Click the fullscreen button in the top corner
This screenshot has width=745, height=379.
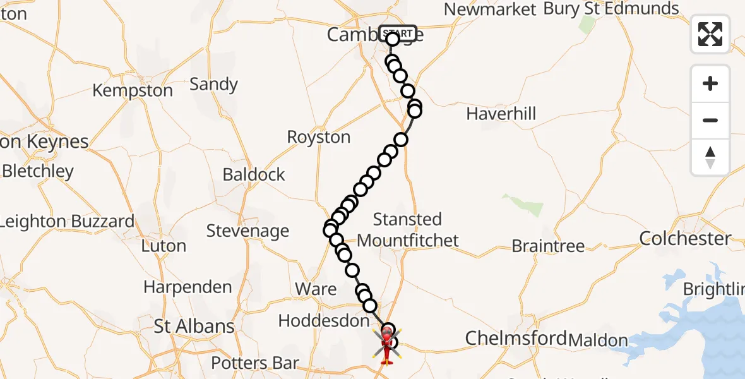pos(710,33)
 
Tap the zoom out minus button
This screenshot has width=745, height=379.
pos(710,120)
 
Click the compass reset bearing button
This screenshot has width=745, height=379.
pos(710,157)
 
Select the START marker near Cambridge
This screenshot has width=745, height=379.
pos(398,33)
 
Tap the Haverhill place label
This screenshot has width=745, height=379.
pos(501,114)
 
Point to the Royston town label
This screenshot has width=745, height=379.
pos(318,137)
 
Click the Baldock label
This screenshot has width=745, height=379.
pos(254,174)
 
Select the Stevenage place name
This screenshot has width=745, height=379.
pos(247,231)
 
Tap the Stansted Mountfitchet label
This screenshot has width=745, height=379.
pos(407,229)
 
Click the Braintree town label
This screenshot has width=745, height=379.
pos(548,246)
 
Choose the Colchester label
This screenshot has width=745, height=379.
pos(685,238)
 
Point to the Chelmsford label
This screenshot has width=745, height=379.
pos(516,339)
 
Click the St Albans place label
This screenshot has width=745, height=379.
pos(194,327)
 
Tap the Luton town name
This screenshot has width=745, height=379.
pos(164,246)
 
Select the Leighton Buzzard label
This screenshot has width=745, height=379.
pos(67,221)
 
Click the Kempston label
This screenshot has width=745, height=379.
pos(132,90)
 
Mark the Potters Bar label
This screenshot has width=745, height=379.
pos(254,363)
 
